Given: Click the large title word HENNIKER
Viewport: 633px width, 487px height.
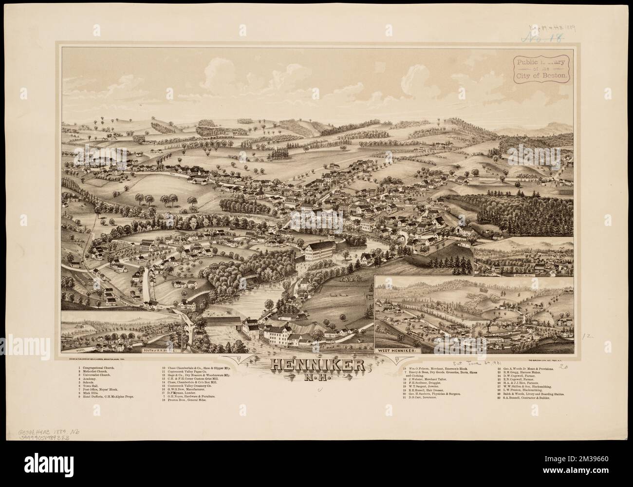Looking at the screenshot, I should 316,365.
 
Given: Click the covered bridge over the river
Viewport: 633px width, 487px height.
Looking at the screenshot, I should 227,321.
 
